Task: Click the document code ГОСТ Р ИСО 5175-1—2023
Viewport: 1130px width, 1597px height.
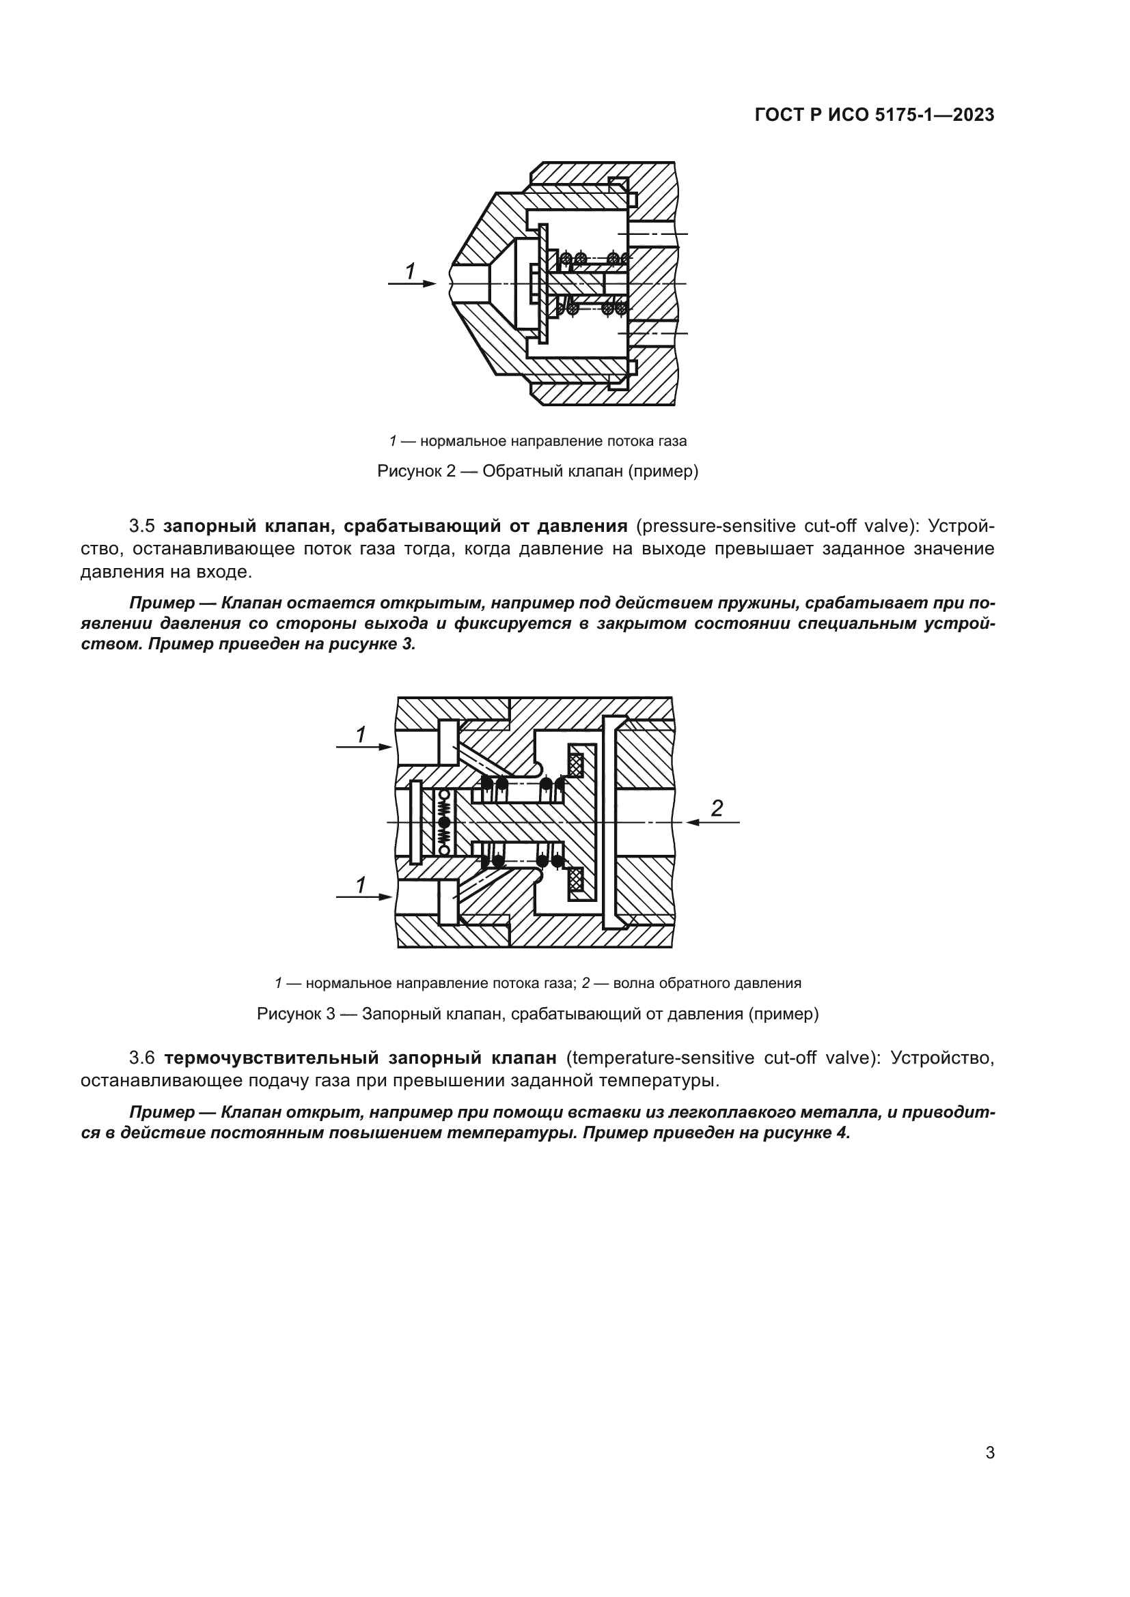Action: (x=874, y=115)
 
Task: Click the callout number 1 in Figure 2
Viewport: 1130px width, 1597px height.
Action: (x=410, y=271)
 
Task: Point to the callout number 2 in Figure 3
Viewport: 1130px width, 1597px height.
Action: (x=717, y=808)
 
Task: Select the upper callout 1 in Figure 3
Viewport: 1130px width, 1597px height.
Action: (x=361, y=734)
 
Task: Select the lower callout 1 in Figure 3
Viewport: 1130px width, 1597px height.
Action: (x=361, y=885)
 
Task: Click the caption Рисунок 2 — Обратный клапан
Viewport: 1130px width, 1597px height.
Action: (x=537, y=471)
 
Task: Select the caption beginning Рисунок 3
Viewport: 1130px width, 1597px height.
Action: (x=537, y=1013)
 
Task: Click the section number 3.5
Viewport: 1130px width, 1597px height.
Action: (x=141, y=526)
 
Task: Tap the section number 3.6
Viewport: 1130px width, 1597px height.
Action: (x=141, y=1057)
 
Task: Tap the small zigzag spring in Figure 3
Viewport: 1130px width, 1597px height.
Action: (x=444, y=822)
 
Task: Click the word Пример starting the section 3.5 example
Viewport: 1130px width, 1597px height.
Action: (x=161, y=602)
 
